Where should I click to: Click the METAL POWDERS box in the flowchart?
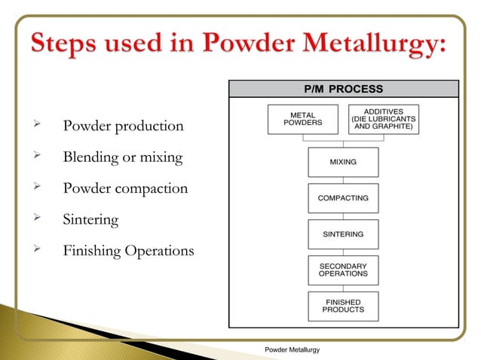point(302,119)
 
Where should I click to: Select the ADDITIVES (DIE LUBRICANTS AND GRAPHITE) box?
point(384,119)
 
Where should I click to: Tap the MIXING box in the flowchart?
point(343,162)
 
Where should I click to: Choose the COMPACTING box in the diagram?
point(343,198)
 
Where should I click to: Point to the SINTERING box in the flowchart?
point(343,234)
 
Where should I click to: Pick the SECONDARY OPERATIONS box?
point(343,270)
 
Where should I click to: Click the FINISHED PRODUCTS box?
point(343,306)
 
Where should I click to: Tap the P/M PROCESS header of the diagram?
point(343,89)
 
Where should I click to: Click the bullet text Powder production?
point(123,126)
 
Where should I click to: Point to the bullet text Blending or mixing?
point(123,157)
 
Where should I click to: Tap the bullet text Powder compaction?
point(125,188)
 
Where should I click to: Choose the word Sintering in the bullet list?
point(91,220)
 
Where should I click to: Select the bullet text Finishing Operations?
point(128,251)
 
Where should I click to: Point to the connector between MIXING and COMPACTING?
point(343,180)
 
